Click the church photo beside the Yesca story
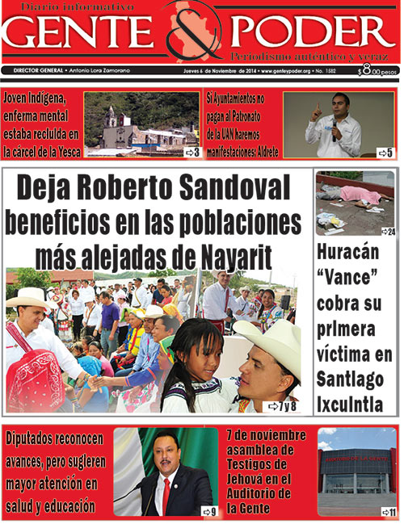click(141, 121)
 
